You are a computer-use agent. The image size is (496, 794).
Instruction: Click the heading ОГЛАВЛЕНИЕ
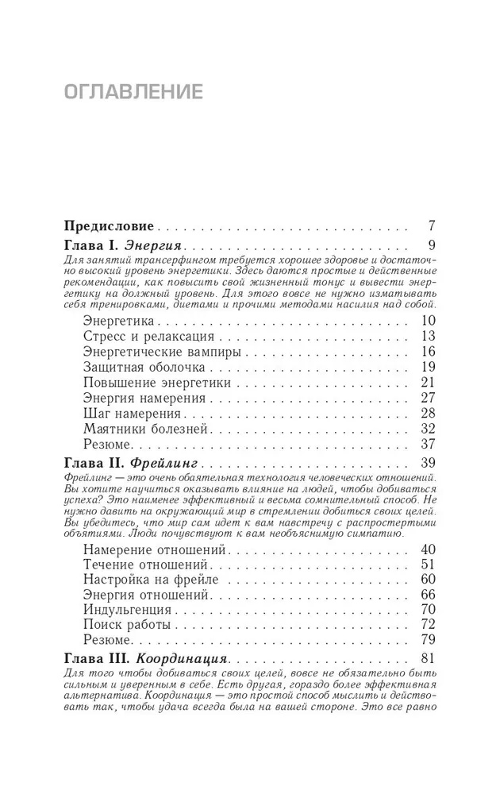point(133,91)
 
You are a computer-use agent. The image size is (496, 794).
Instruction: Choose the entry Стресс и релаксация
point(143,336)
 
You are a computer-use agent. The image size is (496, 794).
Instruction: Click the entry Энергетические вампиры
point(161,352)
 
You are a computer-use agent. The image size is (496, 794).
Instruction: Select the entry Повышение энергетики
point(156,383)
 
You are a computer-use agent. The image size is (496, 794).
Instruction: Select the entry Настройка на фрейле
point(150,580)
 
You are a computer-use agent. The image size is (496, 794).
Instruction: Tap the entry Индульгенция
point(126,610)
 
